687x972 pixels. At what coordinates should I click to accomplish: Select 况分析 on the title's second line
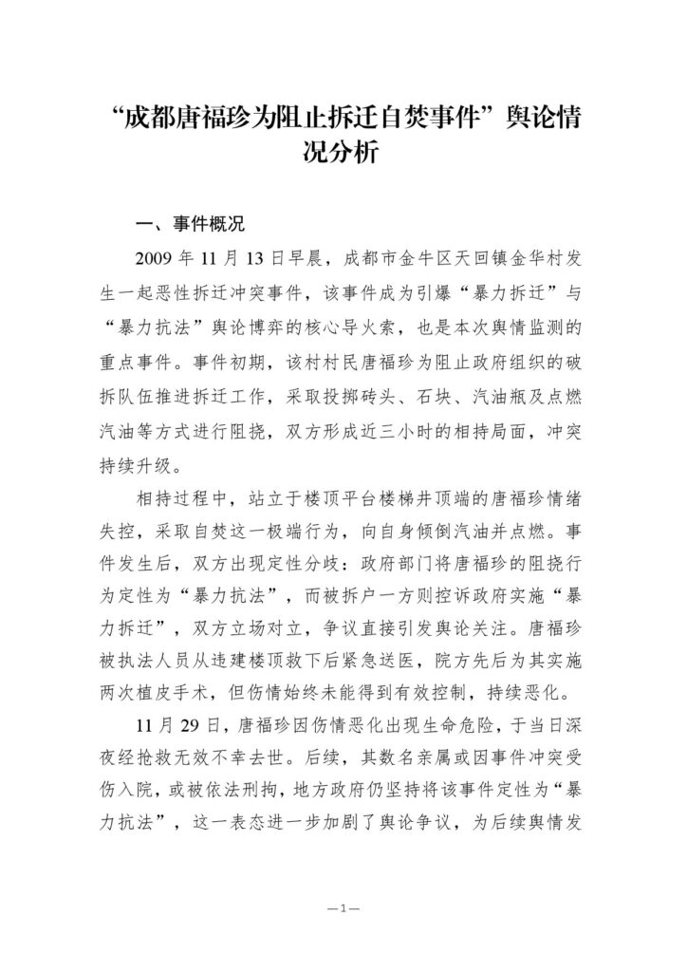click(x=343, y=152)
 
